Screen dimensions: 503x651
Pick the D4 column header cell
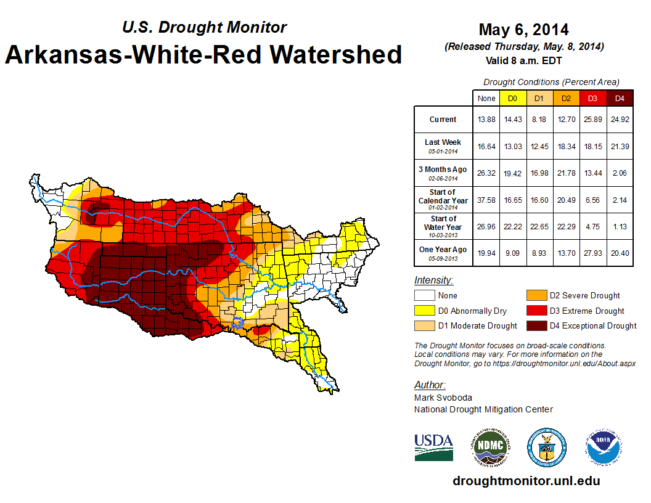click(620, 98)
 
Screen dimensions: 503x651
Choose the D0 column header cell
click(512, 98)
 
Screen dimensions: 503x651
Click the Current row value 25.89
click(593, 120)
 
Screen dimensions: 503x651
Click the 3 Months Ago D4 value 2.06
click(620, 173)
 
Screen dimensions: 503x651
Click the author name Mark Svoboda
click(443, 398)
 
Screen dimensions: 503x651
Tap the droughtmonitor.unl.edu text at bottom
click(526, 481)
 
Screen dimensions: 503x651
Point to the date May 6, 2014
click(523, 30)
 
